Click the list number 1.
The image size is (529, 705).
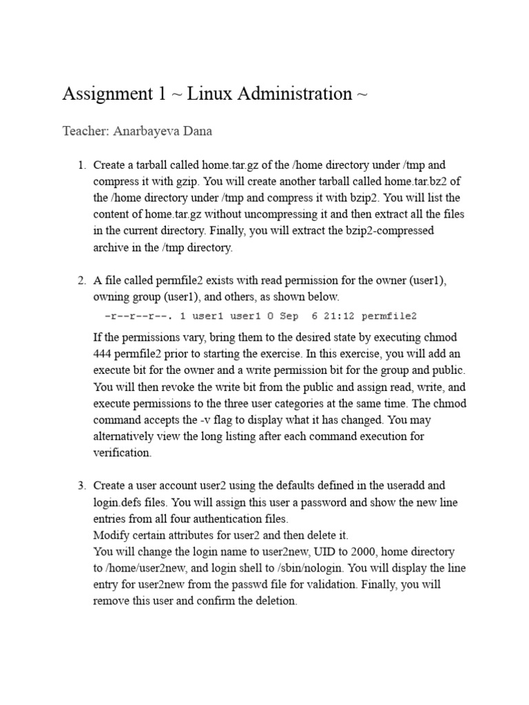tap(81, 165)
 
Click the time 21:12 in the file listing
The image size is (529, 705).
tap(335, 316)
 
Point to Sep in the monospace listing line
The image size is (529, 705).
tap(289, 316)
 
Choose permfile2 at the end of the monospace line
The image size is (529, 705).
tap(389, 316)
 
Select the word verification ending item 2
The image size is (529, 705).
tap(122, 452)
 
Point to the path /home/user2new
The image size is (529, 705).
tap(146, 568)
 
